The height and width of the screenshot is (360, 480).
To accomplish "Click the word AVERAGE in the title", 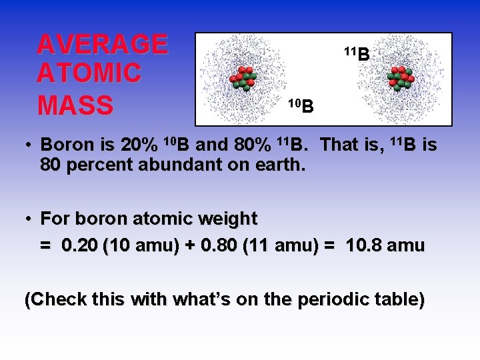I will point(102,45).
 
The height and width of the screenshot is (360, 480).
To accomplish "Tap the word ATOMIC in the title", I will point(89,73).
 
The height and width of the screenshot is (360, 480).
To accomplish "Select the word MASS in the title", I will point(75,105).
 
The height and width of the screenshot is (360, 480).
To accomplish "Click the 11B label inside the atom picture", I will point(357,54).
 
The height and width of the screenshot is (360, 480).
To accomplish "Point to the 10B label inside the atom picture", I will point(301,105).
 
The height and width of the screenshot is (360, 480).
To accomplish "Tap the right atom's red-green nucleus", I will point(401,78).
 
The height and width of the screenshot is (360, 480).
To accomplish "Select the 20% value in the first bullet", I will point(140,145).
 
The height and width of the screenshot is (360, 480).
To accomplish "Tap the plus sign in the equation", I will point(190,246).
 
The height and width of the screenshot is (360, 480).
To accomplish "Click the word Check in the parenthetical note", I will point(50,300).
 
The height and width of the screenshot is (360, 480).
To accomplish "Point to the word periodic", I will point(323,300).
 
